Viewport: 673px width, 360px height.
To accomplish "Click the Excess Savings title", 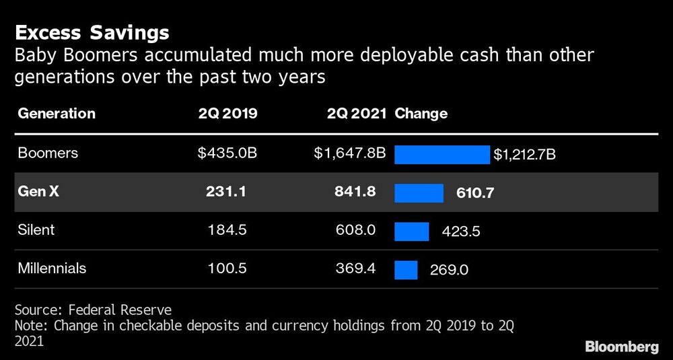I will (x=92, y=32).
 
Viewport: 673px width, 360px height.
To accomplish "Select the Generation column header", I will (x=57, y=114).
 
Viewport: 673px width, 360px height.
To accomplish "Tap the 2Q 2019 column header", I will (x=227, y=114).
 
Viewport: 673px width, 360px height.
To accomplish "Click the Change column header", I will (x=421, y=114).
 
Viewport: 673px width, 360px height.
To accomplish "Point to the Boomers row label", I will (x=48, y=153).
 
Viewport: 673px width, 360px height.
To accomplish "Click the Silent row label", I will (x=36, y=230).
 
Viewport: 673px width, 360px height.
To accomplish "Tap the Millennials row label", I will (x=52, y=268).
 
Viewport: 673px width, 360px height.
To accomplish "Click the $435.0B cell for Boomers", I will (x=227, y=153).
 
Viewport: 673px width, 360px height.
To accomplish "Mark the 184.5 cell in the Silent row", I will (x=229, y=230).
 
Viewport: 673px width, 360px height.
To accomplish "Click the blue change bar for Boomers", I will (x=441, y=155).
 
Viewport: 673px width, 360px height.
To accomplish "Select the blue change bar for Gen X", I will (x=419, y=193).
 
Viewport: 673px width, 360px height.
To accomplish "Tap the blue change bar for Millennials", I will (x=406, y=270).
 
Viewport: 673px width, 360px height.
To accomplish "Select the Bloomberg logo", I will (x=621, y=347).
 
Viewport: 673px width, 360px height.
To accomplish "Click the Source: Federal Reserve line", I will (x=93, y=310).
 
